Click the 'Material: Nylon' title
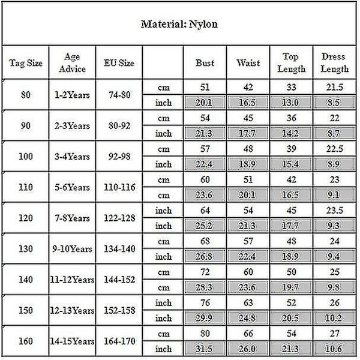click(179, 25)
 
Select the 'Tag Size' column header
click(26, 62)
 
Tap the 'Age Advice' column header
click(71, 62)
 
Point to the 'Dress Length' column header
click(333, 62)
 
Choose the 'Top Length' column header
click(290, 62)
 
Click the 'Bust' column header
click(206, 62)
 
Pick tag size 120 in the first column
click(26, 218)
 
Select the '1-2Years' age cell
click(71, 95)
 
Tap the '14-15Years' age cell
click(71, 341)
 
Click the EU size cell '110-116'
click(119, 187)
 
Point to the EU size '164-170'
click(119, 341)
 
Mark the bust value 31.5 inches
click(206, 349)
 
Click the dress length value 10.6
click(333, 349)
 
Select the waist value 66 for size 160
click(248, 333)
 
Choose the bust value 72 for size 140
click(206, 272)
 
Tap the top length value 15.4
click(290, 164)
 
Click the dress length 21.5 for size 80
click(333, 87)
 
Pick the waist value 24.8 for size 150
click(248, 317)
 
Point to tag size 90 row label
click(26, 126)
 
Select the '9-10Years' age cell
click(71, 249)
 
